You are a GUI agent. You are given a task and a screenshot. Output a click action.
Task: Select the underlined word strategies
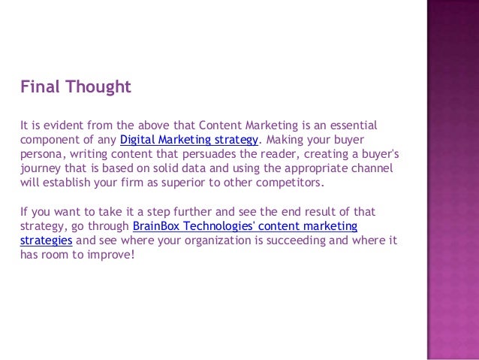click(x=46, y=241)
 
